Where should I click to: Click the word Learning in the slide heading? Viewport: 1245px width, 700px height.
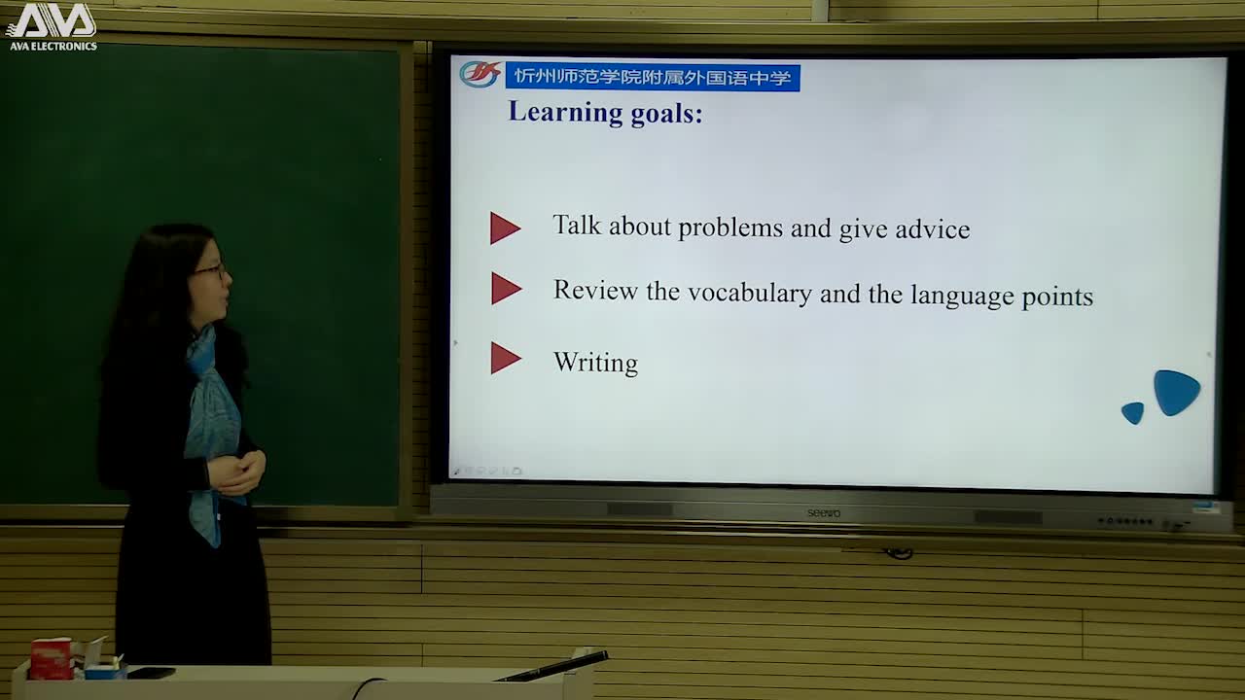click(x=565, y=113)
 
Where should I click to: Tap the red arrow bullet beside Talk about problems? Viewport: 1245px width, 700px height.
click(x=505, y=227)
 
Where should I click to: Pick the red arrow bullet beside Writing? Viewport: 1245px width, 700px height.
click(x=506, y=358)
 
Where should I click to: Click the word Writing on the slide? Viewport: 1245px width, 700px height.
click(x=596, y=363)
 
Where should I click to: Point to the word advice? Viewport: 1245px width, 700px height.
click(x=933, y=228)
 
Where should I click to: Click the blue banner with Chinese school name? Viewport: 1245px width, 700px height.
click(x=653, y=77)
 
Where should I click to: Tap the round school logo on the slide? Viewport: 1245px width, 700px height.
click(x=480, y=75)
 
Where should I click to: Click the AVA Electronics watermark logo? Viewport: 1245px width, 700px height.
click(x=53, y=26)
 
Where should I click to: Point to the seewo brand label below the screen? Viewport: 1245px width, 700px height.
click(x=824, y=512)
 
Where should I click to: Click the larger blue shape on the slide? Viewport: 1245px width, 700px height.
click(x=1176, y=392)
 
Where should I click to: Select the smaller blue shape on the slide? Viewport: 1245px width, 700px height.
click(x=1133, y=413)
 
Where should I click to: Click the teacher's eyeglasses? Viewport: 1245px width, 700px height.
click(x=211, y=271)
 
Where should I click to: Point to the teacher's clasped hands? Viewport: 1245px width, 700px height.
click(x=236, y=473)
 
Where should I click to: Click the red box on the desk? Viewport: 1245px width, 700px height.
click(x=52, y=658)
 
